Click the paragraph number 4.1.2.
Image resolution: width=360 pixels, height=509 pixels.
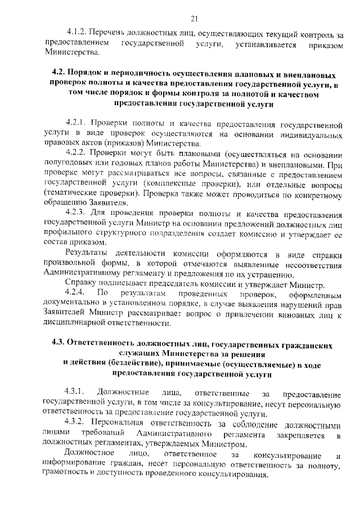[75, 33]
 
